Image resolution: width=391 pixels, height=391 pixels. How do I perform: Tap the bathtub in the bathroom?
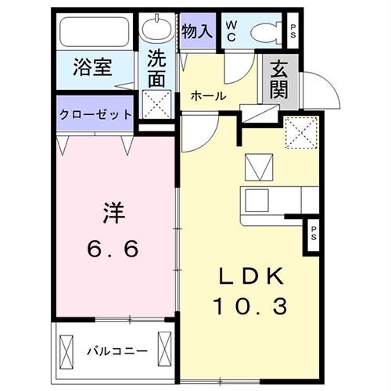[x=95, y=33]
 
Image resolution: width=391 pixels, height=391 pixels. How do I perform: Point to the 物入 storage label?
[x=196, y=30]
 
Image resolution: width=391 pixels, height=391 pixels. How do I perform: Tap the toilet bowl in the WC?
[x=262, y=33]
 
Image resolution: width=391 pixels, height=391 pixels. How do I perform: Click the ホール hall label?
[x=209, y=96]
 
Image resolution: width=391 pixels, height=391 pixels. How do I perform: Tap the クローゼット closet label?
[x=95, y=114]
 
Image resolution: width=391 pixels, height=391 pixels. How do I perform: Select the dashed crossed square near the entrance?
[x=300, y=131]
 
